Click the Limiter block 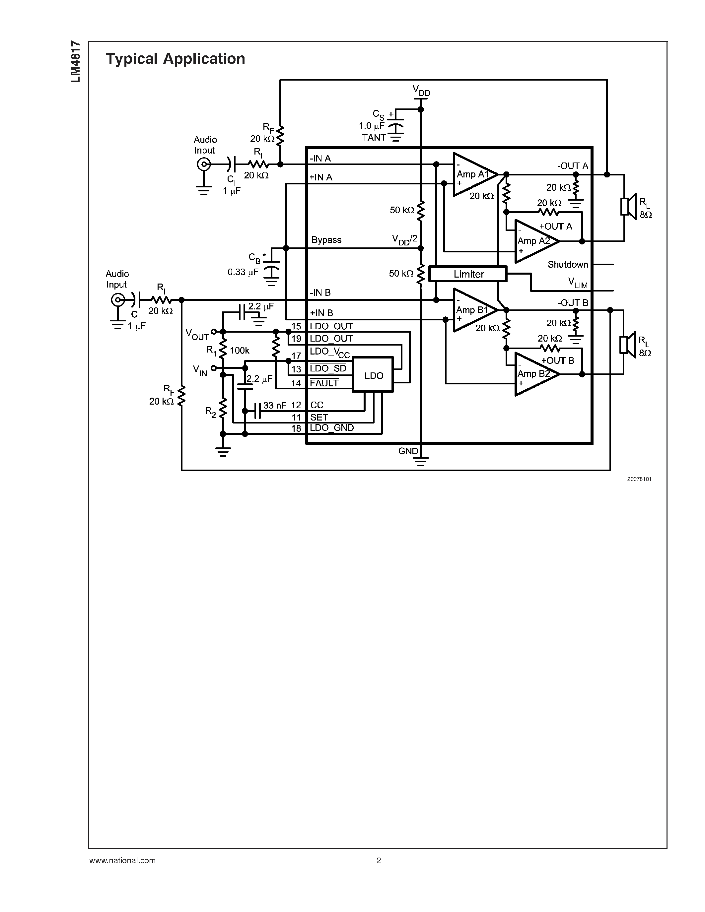(468, 274)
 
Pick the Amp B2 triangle (534, 374)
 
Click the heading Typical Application (176, 58)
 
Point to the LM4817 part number (76, 61)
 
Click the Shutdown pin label (568, 264)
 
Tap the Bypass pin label (326, 240)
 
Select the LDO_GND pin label (332, 427)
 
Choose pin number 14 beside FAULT (296, 383)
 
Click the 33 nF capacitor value (275, 405)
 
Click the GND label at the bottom (408, 451)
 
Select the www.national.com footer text (122, 860)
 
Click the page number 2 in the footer (379, 860)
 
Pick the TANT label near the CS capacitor (374, 137)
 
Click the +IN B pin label (321, 313)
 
